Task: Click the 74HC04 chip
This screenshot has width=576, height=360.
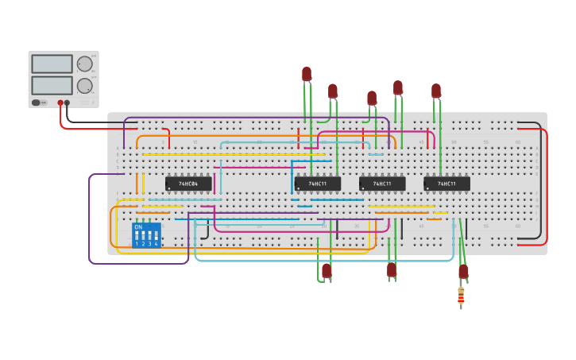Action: click(x=188, y=184)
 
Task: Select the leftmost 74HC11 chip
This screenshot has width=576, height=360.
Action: click(x=317, y=184)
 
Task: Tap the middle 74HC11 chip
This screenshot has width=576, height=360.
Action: click(x=382, y=184)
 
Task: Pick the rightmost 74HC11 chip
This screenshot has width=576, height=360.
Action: click(x=446, y=184)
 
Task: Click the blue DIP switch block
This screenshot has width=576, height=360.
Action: click(x=146, y=235)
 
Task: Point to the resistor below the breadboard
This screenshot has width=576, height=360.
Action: click(x=461, y=296)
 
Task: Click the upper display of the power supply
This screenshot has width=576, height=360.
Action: click(x=52, y=64)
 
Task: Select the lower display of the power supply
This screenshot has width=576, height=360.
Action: click(x=52, y=85)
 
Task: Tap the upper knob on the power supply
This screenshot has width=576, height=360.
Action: click(x=84, y=64)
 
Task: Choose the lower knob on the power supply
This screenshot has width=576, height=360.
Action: click(x=84, y=86)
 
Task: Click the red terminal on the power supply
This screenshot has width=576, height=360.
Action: click(x=60, y=103)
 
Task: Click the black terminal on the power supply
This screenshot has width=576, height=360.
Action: click(x=68, y=103)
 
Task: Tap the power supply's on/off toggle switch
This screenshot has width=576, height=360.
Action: click(x=37, y=103)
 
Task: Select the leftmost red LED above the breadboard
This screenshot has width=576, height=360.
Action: click(x=307, y=74)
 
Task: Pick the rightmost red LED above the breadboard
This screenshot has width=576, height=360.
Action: click(x=436, y=91)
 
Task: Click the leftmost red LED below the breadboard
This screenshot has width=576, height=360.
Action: click(x=327, y=270)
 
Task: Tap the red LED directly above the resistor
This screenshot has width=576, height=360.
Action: click(x=463, y=271)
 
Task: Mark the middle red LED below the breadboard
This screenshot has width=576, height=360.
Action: click(x=392, y=269)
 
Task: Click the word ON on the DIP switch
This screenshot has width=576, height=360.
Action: click(x=138, y=228)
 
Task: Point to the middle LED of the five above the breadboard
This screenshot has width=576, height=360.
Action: click(x=372, y=98)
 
